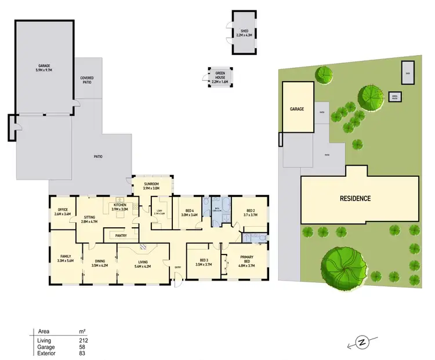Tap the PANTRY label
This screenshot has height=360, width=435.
121,236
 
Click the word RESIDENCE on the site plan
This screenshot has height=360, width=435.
355,199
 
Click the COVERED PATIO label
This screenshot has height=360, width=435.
87,80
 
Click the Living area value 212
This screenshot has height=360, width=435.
84,340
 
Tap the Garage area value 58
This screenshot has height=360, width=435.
83,347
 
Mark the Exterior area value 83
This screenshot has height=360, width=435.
83,353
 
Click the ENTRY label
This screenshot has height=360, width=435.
177,267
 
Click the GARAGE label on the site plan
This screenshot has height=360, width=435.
297,108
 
